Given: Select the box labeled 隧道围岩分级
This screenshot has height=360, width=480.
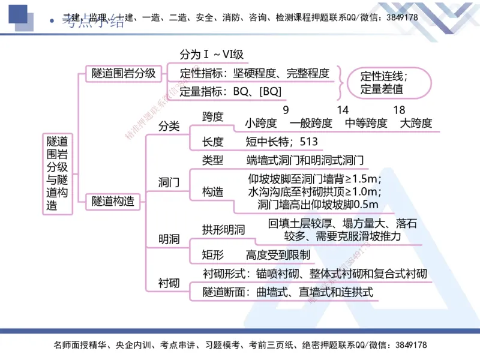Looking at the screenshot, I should click(x=124, y=73).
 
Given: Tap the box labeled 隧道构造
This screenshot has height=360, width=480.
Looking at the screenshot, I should click(x=113, y=202).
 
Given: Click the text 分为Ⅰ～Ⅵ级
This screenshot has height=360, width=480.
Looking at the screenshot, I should click(x=212, y=55).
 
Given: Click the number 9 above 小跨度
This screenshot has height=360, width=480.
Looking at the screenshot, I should click(x=286, y=110).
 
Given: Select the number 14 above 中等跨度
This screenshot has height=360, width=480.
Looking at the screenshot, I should click(x=343, y=110).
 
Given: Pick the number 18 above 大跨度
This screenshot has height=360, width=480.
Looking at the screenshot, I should click(x=399, y=110).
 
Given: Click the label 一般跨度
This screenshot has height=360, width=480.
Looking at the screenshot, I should click(x=310, y=123).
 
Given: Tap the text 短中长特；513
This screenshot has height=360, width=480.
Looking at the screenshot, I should click(x=281, y=142).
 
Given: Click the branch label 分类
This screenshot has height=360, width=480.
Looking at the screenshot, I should click(x=169, y=127).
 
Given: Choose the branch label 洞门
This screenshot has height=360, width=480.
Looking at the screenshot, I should click(x=169, y=182).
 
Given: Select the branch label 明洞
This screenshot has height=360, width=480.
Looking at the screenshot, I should click(x=169, y=239).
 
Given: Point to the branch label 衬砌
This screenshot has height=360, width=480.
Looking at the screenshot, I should click(x=169, y=282).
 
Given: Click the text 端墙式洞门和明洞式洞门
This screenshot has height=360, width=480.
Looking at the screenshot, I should click(x=305, y=160).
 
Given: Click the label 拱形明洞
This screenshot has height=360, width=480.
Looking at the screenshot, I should click(x=224, y=229).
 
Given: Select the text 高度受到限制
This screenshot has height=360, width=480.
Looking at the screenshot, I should click(x=278, y=254).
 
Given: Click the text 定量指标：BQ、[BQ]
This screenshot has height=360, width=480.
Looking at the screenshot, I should click(x=230, y=91).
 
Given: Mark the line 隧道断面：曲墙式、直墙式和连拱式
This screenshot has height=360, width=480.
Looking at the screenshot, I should click(x=288, y=292).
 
